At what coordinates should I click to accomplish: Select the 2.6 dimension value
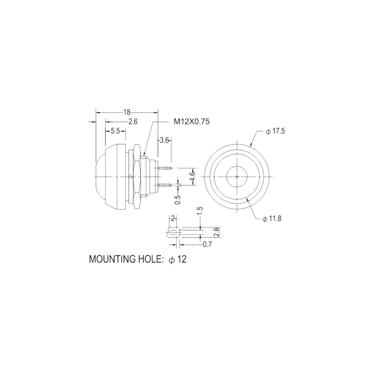pyautogui.click(x=133, y=122)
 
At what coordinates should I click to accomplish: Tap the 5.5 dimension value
pyautogui.click(x=115, y=131)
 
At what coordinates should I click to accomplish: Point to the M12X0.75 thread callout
pyautogui.click(x=192, y=122)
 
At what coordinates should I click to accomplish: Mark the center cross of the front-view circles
pyautogui.click(x=237, y=176)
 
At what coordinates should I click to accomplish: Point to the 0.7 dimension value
pyautogui.click(x=207, y=245)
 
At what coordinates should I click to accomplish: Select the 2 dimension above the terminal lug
pyautogui.click(x=172, y=218)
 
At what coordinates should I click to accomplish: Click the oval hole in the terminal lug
pyautogui.click(x=173, y=232)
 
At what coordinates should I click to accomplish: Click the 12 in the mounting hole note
pyautogui.click(x=181, y=259)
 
